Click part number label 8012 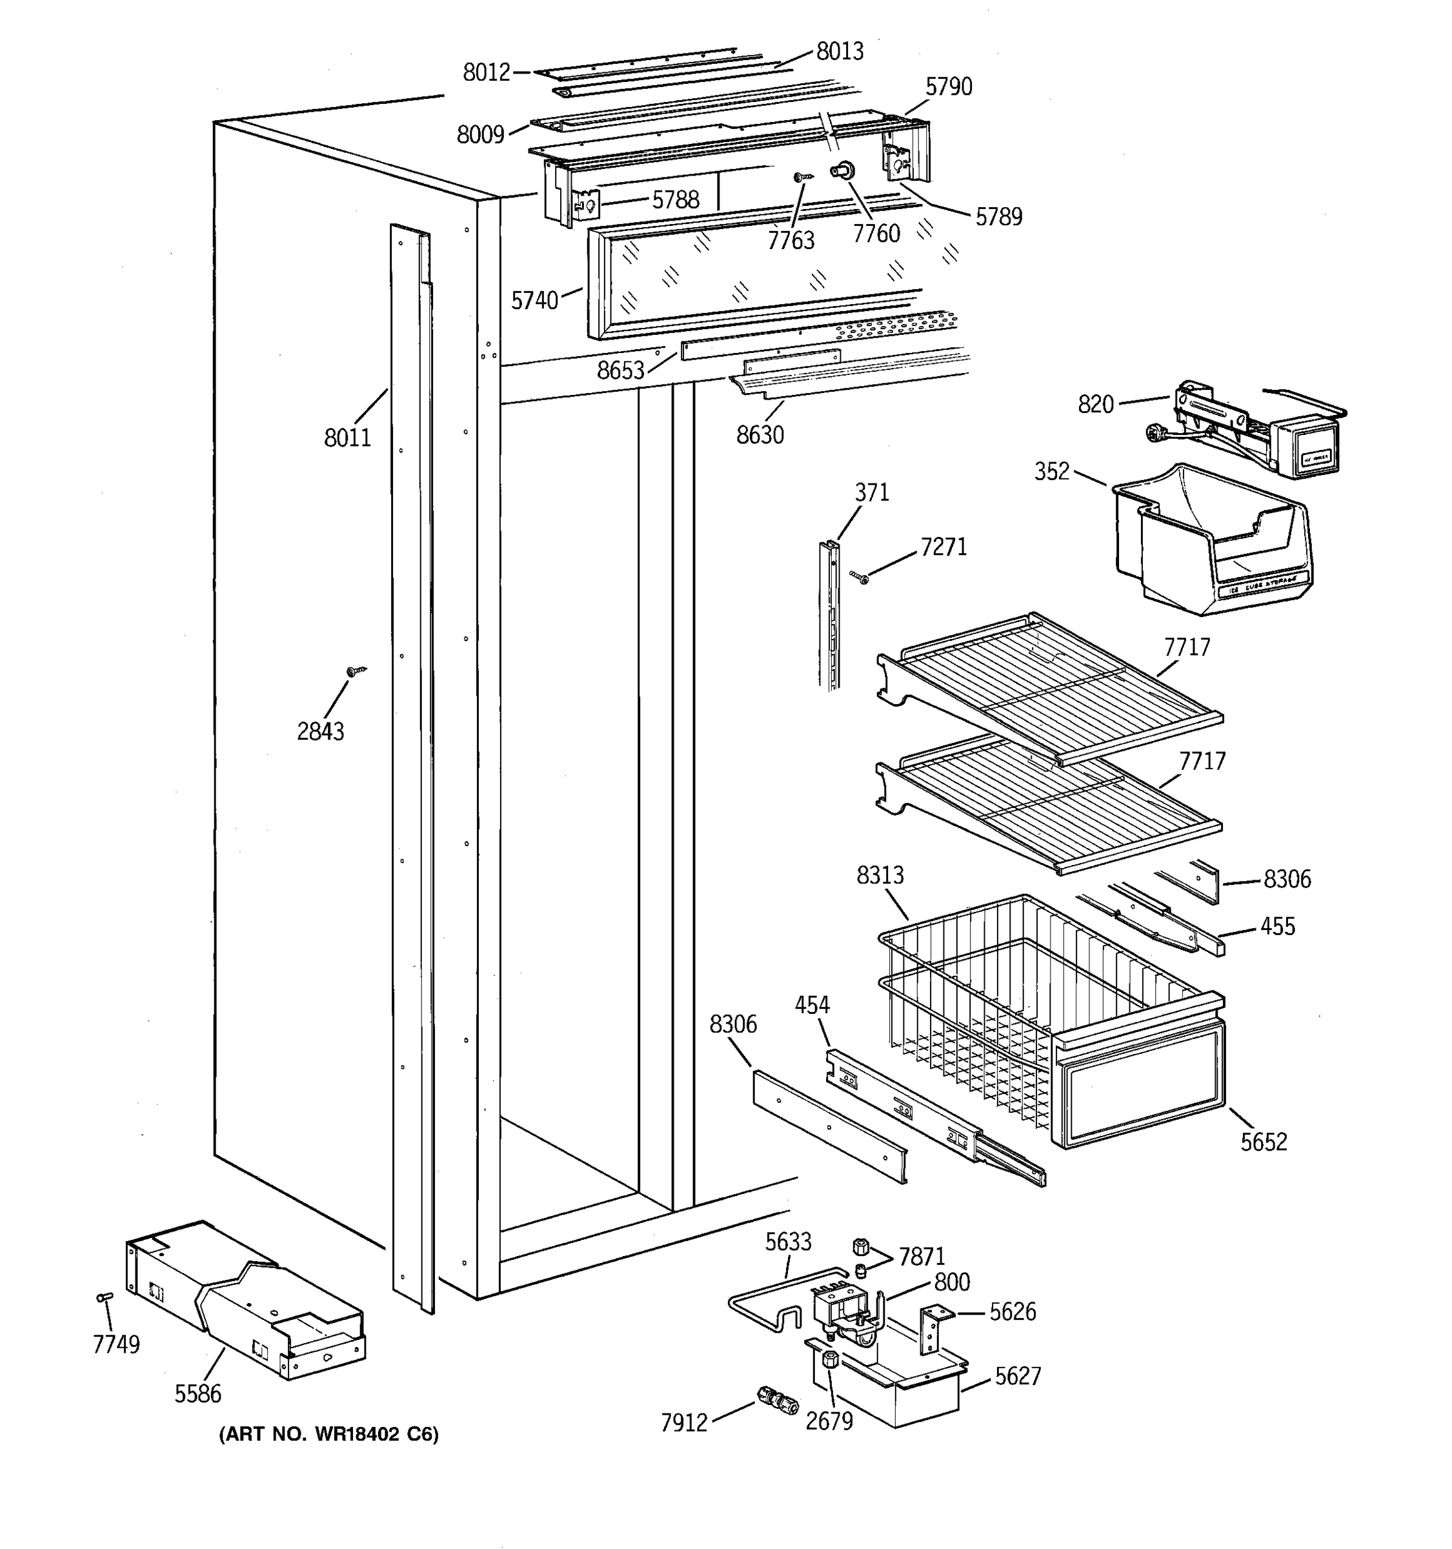[x=486, y=72]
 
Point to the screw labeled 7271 [x=861, y=578]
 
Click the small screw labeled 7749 [x=105, y=1297]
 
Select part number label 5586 [x=198, y=1393]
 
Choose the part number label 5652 [x=1264, y=1142]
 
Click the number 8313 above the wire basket [x=880, y=876]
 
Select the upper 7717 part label [x=1187, y=647]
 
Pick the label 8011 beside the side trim [x=347, y=438]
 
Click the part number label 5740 [x=534, y=301]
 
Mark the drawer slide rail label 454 [x=812, y=1005]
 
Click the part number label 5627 [x=1017, y=1377]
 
